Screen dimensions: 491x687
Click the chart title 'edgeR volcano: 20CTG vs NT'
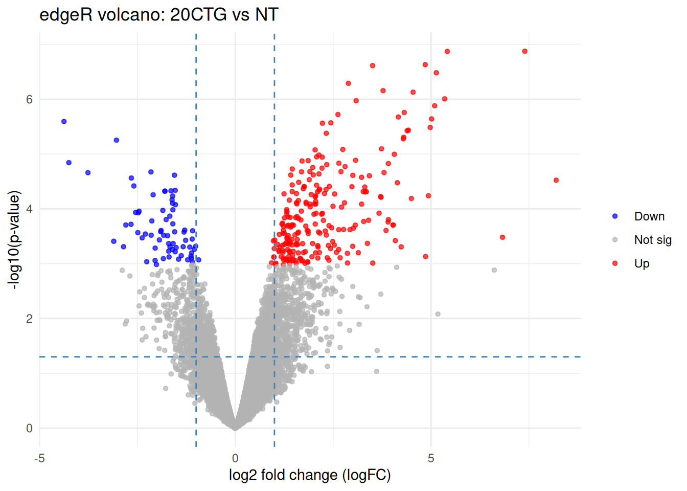tap(158, 15)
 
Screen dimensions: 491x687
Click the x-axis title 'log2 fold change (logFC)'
tap(309, 475)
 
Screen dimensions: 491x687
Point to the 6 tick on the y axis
tap(30, 99)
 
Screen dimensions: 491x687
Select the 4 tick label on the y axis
tap(30, 209)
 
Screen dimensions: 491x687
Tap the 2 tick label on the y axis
tap(30, 319)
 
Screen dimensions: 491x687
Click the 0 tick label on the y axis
tap(30, 429)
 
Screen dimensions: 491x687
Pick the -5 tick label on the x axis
tap(39, 458)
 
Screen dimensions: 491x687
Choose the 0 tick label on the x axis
tap(235, 458)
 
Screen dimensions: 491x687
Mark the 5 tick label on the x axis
tap(431, 458)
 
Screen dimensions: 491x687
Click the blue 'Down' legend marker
tap(615, 216)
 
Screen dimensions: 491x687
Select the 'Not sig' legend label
tap(653, 240)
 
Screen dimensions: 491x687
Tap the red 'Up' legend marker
tap(615, 263)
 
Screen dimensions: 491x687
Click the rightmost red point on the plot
tap(556, 180)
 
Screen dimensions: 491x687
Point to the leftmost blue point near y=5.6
tap(64, 122)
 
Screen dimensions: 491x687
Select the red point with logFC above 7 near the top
tap(525, 51)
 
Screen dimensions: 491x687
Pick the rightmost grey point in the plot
tap(494, 270)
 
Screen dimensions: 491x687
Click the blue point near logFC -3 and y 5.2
tap(117, 140)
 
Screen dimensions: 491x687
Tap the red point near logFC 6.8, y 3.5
tap(502, 237)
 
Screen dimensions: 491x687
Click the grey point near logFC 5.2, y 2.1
tap(438, 314)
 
